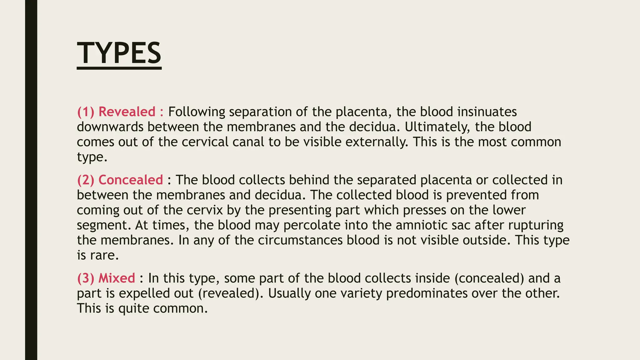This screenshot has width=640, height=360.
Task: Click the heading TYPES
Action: click(119, 53)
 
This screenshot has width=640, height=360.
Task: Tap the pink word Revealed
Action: click(127, 112)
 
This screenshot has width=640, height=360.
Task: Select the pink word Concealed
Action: click(131, 180)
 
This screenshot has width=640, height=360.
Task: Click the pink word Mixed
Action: click(117, 278)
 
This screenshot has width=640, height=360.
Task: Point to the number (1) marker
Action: click(85, 112)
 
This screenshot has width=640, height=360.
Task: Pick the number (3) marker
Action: click(85, 278)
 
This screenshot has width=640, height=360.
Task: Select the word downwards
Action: click(110, 127)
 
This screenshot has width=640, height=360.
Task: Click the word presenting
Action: click(300, 210)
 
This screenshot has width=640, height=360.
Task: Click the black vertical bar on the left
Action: click(31, 180)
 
